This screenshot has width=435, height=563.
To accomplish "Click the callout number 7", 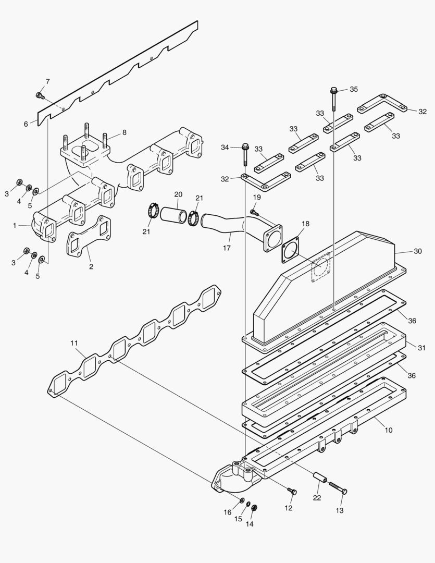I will [x=47, y=81].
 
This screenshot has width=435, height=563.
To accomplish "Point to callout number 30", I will [x=417, y=251].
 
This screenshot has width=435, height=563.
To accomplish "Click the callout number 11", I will [x=74, y=343].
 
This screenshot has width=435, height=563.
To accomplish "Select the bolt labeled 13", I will [x=338, y=488].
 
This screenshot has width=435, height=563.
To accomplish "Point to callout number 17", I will [x=227, y=248].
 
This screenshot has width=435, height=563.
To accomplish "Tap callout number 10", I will [x=389, y=430].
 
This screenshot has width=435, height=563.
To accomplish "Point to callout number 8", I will [x=124, y=132].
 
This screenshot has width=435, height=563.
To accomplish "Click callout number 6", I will [x=26, y=124].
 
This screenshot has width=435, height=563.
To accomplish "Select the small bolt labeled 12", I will [x=292, y=491].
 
